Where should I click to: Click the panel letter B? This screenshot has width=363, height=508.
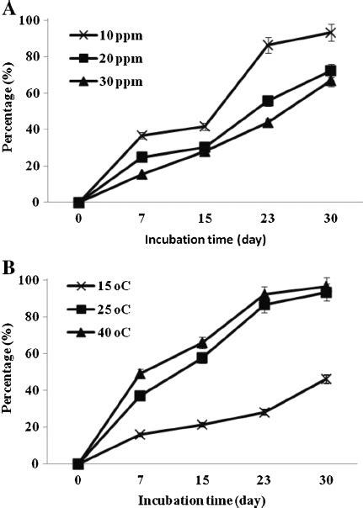click(x=9, y=271)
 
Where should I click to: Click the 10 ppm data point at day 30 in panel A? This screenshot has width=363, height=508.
click(x=331, y=33)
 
